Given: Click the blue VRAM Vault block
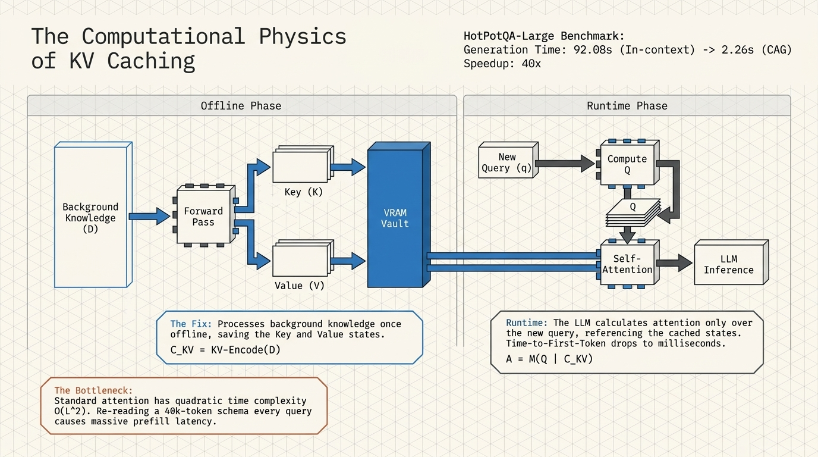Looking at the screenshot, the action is coord(399,215).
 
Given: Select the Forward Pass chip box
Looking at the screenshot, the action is coord(204,215).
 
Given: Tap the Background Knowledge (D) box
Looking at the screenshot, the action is coord(93,215).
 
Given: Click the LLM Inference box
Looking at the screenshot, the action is coord(731,262).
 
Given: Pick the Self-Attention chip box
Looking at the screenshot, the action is coord(628,263).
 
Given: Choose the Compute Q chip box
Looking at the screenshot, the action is coord(628,164).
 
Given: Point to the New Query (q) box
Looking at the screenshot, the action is coord(508,160).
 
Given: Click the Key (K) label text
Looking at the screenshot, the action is coord(303,192).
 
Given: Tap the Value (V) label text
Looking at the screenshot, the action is coord(300,286).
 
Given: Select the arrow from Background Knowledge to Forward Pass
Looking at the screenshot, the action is coord(150,216).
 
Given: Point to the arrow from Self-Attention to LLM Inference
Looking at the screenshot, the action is coord(674,263).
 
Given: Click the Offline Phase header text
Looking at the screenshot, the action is coord(241,106).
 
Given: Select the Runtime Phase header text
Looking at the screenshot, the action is coord(627,106).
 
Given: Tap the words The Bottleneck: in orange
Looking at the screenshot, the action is coord(93,390).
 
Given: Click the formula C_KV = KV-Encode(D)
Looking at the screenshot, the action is coord(225,350).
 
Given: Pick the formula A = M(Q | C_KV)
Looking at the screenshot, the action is coord(549,359).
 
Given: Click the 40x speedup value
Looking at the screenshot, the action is coord(531,64).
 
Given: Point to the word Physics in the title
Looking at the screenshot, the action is coord(303,36).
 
